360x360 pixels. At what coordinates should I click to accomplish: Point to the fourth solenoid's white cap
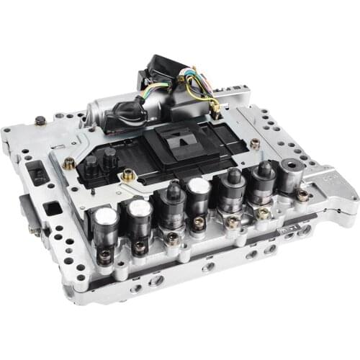(199, 187)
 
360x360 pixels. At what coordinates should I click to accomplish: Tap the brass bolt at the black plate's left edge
(128, 174)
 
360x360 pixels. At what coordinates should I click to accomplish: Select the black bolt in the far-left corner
(40, 120)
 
